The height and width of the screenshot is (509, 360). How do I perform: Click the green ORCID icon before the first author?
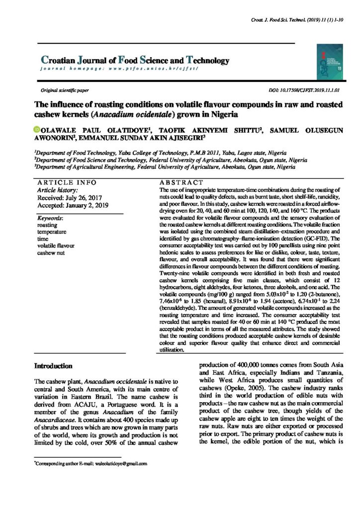pyautogui.click(x=36, y=130)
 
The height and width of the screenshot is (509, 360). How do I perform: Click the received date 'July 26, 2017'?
pyautogui.click(x=81, y=197)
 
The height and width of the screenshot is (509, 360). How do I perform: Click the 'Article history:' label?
pyautogui.click(x=58, y=190)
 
